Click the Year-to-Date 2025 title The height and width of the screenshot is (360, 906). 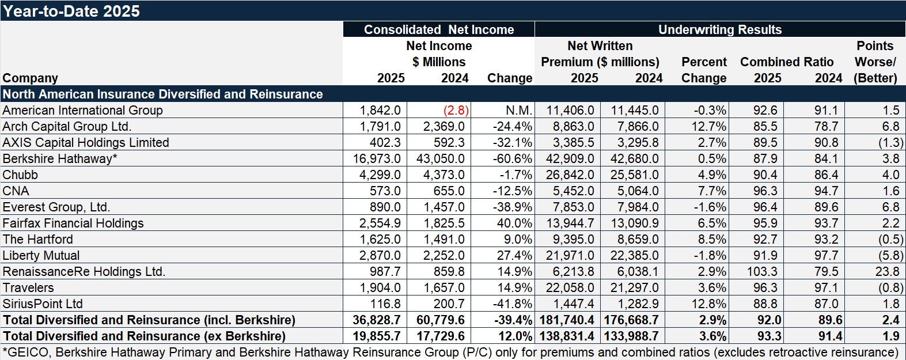[71, 11]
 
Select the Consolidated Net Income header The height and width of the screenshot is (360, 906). [439, 30]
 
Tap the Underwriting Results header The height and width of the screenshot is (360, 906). [720, 30]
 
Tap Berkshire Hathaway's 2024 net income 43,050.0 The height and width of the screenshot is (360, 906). [441, 159]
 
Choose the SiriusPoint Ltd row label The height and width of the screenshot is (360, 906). [43, 304]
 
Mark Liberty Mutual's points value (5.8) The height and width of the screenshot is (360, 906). [890, 256]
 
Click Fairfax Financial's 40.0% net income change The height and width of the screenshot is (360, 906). [514, 223]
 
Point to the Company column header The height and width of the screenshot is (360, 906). [30, 78]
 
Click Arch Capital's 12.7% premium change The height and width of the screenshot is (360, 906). [711, 127]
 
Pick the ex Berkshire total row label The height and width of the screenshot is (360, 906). [144, 336]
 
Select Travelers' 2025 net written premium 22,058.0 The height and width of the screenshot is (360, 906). [567, 288]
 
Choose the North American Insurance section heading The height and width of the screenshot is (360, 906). [162, 94]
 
